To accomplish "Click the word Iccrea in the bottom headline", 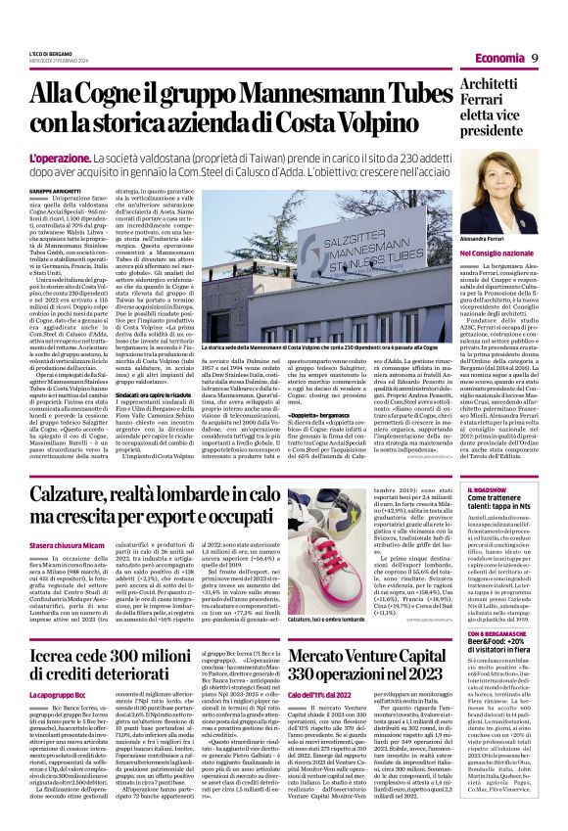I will tap(58, 653).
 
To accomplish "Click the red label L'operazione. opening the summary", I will tap(60, 158).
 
